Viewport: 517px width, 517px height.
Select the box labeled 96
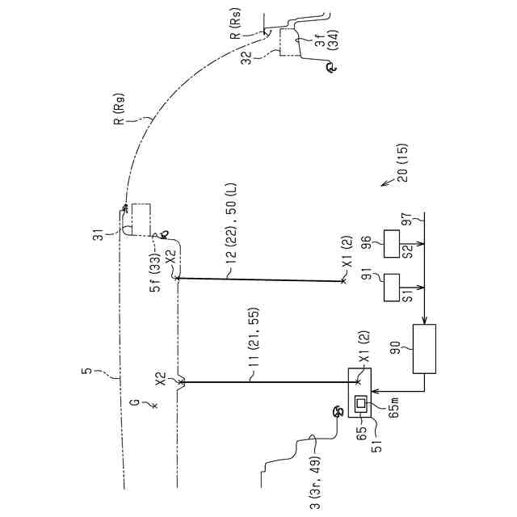tap(393, 242)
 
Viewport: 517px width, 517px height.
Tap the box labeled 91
tap(393, 286)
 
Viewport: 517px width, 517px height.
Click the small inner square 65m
tap(360, 402)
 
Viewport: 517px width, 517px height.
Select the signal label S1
tap(409, 296)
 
